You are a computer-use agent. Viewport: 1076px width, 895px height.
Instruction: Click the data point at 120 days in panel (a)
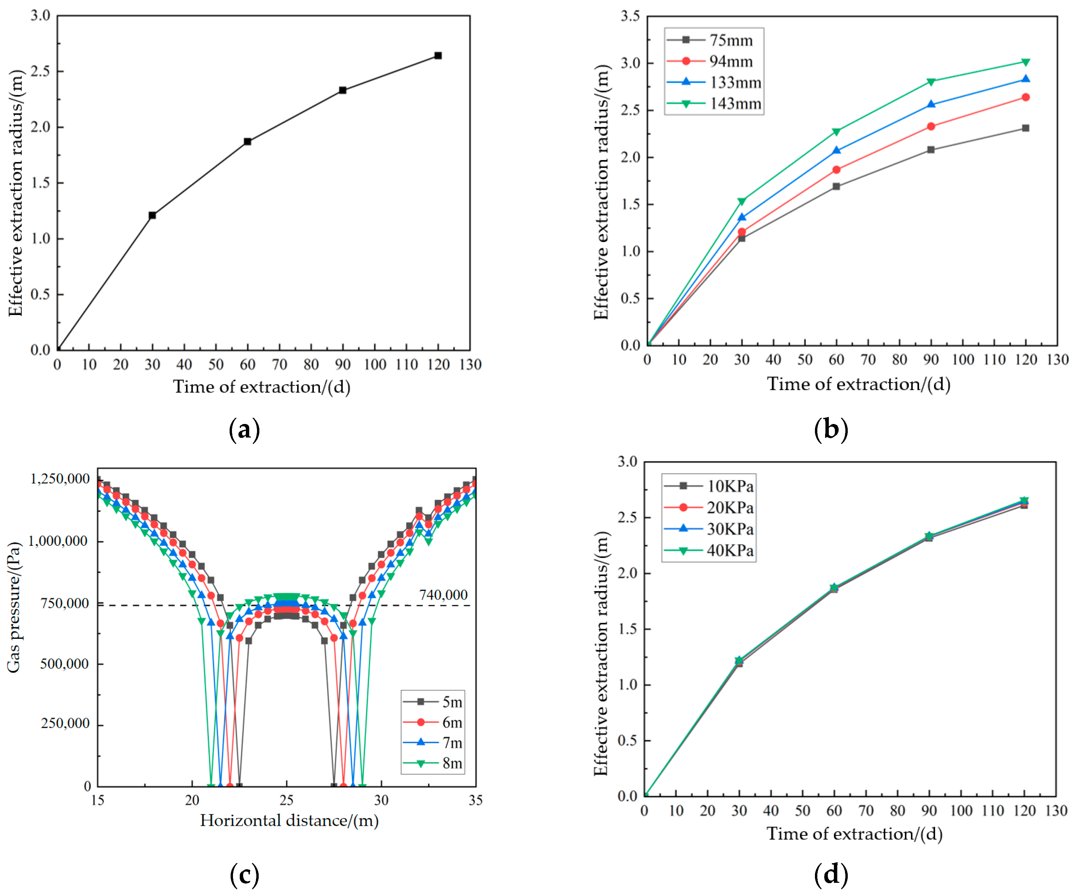coord(438,55)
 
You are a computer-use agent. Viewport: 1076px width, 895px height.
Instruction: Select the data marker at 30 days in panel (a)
coord(152,215)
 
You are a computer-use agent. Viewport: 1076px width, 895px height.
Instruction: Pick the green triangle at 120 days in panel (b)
coord(1025,62)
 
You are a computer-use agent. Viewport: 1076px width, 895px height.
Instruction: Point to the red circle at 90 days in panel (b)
coord(931,127)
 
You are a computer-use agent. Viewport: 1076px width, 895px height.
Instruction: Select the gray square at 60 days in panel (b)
coord(836,186)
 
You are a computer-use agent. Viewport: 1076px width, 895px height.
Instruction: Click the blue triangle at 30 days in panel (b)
coord(742,217)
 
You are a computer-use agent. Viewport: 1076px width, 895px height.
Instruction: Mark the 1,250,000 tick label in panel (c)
coord(60,479)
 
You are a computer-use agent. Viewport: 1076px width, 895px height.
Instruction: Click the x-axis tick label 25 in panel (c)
coord(286,800)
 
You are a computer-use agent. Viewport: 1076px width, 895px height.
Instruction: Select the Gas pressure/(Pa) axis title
coord(14,607)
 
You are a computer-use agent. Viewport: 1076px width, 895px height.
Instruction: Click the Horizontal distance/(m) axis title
coord(289,821)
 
